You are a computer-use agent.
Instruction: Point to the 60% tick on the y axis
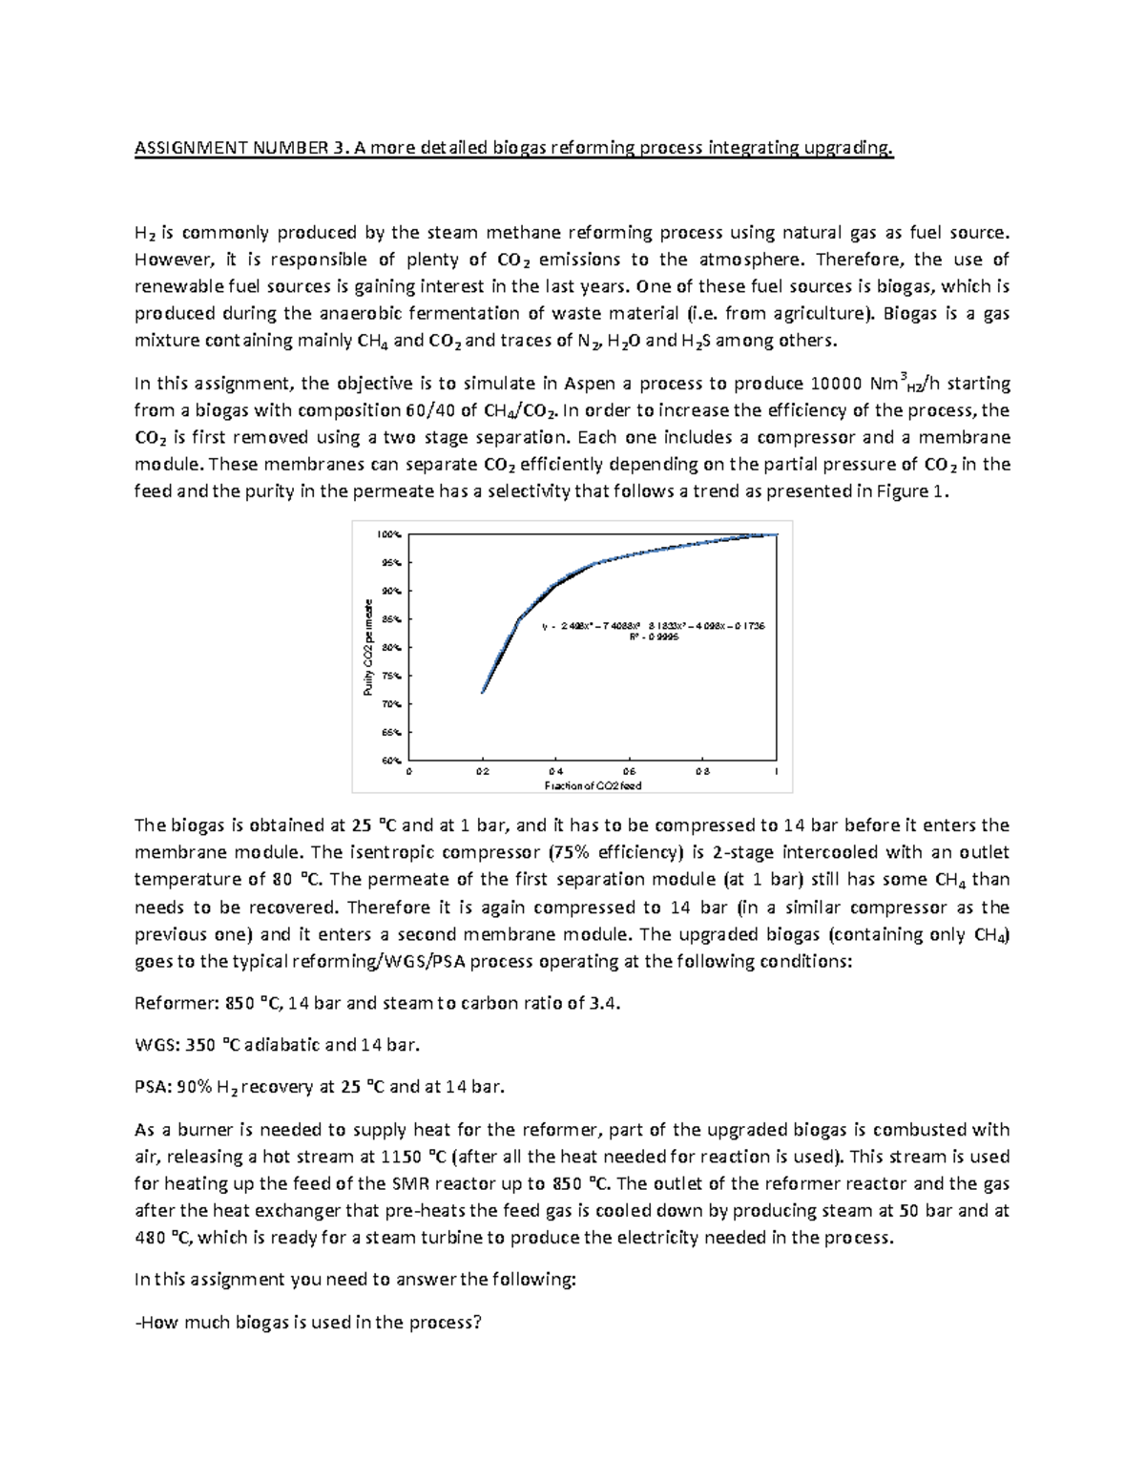coord(391,761)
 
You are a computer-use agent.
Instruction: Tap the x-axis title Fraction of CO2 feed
coord(593,785)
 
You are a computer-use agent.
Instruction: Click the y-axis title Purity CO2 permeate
coord(366,648)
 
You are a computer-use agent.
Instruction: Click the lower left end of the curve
coord(483,692)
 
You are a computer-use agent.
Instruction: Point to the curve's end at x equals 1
coord(777,535)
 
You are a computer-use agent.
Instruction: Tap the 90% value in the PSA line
coord(194,1086)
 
